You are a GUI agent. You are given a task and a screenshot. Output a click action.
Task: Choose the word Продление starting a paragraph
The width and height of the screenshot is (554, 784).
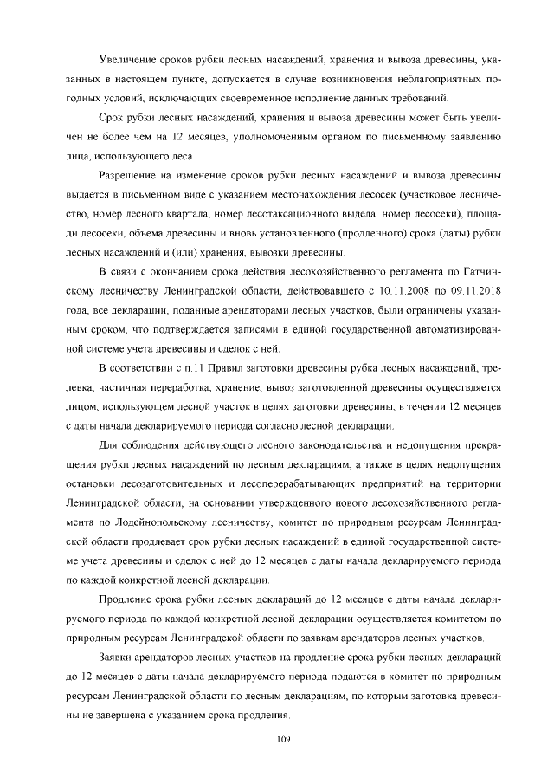tap(130, 600)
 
